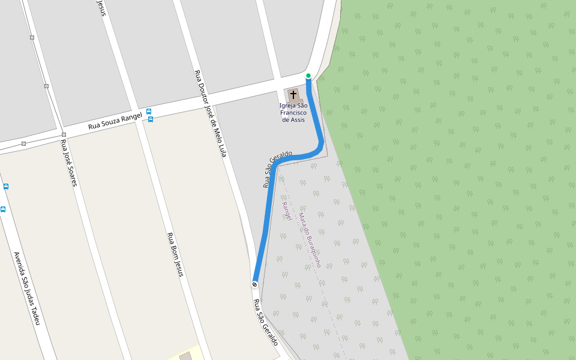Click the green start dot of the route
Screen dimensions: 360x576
(x=308, y=76)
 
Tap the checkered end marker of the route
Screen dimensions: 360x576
(x=255, y=284)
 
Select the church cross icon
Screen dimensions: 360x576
(x=293, y=95)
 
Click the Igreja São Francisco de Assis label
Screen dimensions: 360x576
(x=293, y=112)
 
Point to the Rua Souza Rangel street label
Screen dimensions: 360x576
(x=115, y=121)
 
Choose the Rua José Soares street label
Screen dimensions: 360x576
(x=68, y=163)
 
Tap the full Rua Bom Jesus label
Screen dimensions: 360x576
(x=174, y=254)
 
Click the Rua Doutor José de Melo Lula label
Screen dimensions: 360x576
(x=211, y=113)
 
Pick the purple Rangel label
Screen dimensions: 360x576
(x=287, y=211)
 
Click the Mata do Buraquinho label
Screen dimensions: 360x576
(x=310, y=240)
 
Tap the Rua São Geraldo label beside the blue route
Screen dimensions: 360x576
(x=277, y=169)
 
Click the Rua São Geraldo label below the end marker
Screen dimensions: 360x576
(x=266, y=322)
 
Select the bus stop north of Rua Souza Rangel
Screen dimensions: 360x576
(x=148, y=111)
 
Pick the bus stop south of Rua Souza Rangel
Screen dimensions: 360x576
(x=151, y=119)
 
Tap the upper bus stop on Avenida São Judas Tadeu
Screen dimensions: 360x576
(x=6, y=187)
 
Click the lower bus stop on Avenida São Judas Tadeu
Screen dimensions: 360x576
(x=3, y=209)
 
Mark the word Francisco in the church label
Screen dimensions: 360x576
(x=293, y=112)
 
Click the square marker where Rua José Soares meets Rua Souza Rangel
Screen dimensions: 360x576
(x=64, y=134)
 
